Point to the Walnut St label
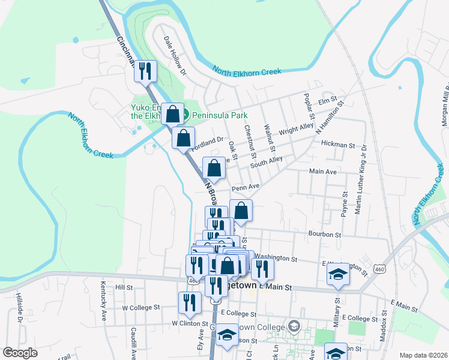pyautogui.click(x=271, y=139)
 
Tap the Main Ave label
pyautogui.click(x=323, y=172)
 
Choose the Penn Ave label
pyautogui.click(x=245, y=187)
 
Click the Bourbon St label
pyautogui.click(x=325, y=235)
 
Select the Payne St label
pyautogui.click(x=345, y=203)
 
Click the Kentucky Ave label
pyautogui.click(x=103, y=295)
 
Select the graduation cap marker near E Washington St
pyautogui.click(x=338, y=275)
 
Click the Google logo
pyautogui.click(x=20, y=353)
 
